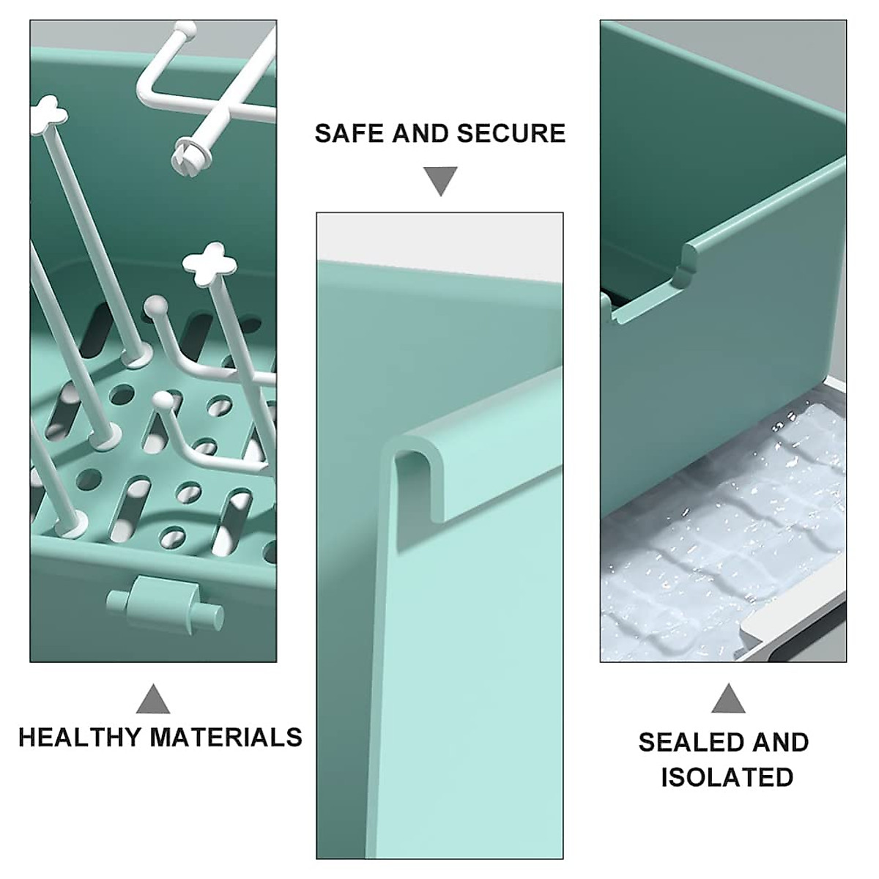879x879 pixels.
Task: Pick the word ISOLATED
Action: pyautogui.click(x=727, y=777)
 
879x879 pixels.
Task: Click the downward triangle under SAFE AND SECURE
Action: pyautogui.click(x=440, y=180)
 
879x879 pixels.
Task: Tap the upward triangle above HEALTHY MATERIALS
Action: pyautogui.click(x=153, y=700)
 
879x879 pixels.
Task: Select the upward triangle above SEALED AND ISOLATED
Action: pyautogui.click(x=728, y=700)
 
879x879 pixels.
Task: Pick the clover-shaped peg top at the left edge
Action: pyautogui.click(x=47, y=111)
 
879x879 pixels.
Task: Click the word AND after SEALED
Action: pyautogui.click(x=781, y=742)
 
